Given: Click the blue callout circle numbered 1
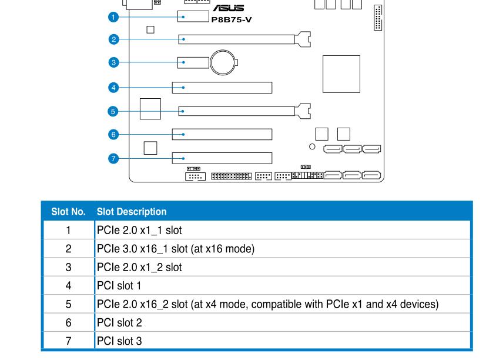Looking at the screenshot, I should pos(113,17).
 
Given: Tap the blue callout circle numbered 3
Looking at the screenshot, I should pos(113,62).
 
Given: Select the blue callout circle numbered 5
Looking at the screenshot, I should pos(113,111).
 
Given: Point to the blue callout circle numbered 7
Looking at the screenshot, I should pos(113,158).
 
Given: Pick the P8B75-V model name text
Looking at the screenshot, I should pos(232,19).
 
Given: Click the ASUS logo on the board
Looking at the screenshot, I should pos(228,8).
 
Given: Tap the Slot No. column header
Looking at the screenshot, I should pos(68,212).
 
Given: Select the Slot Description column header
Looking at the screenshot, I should pos(132,212).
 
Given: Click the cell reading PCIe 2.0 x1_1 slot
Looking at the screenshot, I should pos(139,231).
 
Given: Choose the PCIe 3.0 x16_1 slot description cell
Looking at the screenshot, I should pos(176,249).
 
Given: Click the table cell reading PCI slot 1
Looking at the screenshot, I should pos(119,286).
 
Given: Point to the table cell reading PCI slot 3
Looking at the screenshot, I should pos(119,341).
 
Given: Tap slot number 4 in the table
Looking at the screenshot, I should pos(68,286).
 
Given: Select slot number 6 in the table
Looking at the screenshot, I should pos(68,322).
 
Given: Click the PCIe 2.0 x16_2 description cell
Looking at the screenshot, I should pos(267,304).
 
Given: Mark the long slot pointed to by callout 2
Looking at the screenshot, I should pos(237,39).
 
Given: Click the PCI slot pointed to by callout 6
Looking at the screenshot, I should pos(222,134).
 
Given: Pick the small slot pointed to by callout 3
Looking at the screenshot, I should pos(193,62).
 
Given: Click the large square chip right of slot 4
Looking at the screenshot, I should pos(341,74).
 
